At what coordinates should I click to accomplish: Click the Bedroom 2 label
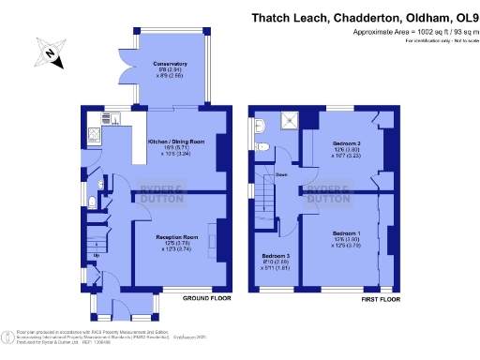[347, 146]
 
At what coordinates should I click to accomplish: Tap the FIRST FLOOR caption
[381, 298]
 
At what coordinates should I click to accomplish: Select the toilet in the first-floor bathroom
[262, 145]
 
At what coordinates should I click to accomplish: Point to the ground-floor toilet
[91, 203]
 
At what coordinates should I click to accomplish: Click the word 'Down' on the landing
[281, 174]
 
